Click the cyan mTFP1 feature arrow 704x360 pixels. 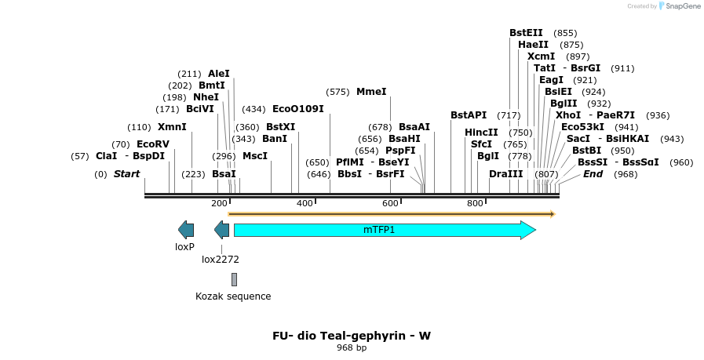(385, 230)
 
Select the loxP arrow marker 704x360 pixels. (186, 230)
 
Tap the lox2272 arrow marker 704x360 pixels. (222, 230)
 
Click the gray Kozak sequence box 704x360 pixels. (234, 279)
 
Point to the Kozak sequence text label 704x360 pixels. (233, 296)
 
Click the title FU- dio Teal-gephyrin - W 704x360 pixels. (352, 336)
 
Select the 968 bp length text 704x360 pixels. (352, 347)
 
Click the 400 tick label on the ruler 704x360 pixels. (305, 204)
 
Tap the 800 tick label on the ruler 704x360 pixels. (475, 204)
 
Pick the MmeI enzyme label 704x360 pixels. (371, 92)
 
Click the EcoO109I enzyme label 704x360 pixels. (297, 109)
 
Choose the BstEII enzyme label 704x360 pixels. (526, 33)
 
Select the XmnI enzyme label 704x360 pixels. (172, 127)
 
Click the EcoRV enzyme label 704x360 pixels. (152, 144)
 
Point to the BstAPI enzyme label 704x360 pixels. (469, 115)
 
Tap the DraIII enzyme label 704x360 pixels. (505, 174)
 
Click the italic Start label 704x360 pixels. (126, 174)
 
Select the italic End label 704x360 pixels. (593, 174)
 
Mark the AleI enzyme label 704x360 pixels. (219, 74)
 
